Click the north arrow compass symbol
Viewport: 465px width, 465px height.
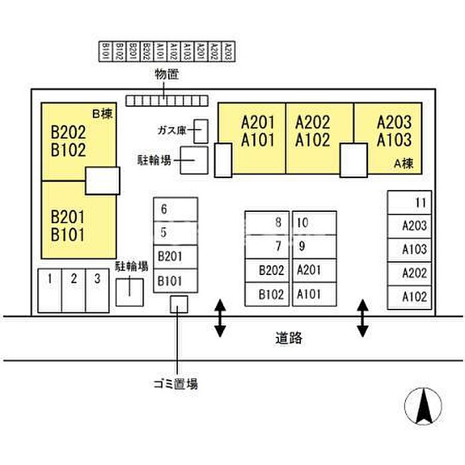tap(422, 406)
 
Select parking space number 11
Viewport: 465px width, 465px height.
tap(408, 203)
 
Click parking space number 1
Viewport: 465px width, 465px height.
tap(49, 290)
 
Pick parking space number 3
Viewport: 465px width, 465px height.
tap(97, 290)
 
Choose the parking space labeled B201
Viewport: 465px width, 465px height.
tap(175, 256)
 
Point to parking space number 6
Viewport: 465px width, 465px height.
tap(175, 209)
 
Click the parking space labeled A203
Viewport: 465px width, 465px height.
tap(408, 226)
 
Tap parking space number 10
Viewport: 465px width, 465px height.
tap(314, 223)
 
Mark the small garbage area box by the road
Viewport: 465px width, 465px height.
tap(179, 304)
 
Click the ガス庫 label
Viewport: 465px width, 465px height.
tap(171, 130)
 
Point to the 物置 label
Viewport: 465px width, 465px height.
tap(167, 75)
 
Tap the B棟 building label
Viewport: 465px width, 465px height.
tap(102, 114)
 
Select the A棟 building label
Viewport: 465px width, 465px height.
tap(403, 163)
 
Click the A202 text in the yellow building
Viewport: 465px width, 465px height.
tap(312, 122)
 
